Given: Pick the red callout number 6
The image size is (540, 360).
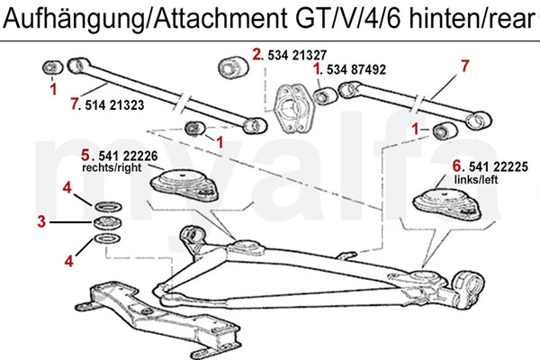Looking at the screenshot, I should (x=456, y=165).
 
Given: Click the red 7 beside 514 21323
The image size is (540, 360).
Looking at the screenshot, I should (x=74, y=105).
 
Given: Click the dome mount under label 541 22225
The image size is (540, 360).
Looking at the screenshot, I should (x=447, y=203).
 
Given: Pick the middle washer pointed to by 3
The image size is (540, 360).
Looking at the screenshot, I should (x=106, y=221).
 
